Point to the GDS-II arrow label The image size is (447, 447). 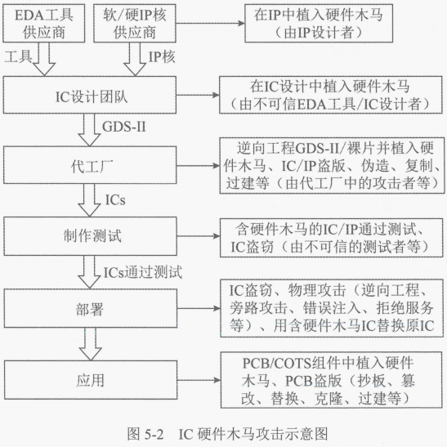[124, 127]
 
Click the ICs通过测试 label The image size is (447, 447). [142, 272]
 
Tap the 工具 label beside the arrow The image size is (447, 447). [18, 56]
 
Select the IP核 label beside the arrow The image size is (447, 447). [162, 56]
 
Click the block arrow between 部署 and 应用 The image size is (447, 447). [90, 344]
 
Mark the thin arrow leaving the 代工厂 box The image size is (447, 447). [198, 166]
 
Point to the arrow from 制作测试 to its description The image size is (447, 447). [199, 236]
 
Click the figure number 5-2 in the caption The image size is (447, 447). [154, 434]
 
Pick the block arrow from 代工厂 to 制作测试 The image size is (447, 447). [89, 200]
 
